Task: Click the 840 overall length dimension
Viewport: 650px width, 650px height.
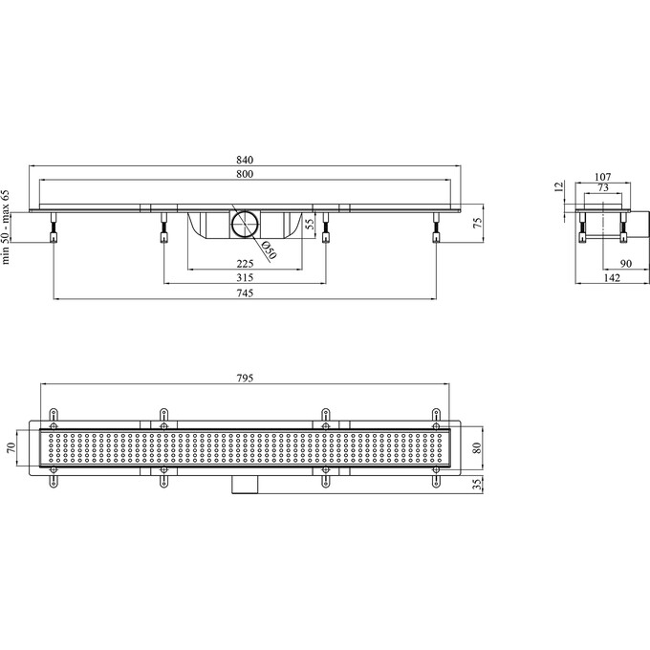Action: click(245, 160)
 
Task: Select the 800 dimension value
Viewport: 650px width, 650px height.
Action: click(245, 174)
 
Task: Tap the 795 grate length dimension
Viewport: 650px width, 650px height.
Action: click(245, 379)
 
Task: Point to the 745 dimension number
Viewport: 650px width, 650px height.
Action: click(245, 293)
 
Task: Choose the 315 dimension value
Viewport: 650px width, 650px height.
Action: click(245, 278)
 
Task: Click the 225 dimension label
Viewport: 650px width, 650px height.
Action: click(245, 264)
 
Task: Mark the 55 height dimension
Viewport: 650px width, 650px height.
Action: click(310, 225)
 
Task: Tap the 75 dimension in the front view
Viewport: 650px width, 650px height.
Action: click(478, 224)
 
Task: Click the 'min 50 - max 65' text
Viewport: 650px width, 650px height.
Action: click(6, 227)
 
